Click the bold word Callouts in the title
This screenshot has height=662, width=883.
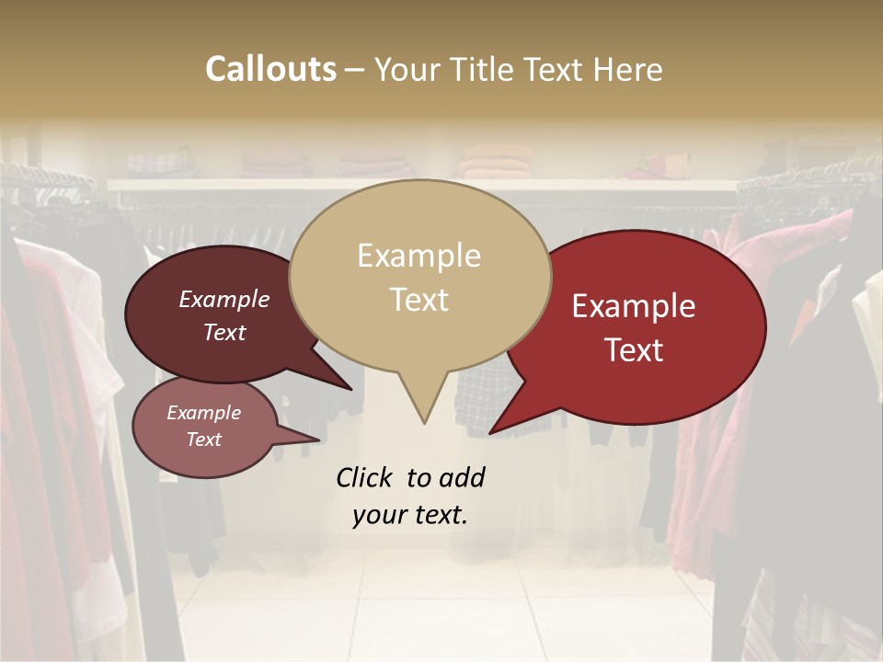(x=270, y=69)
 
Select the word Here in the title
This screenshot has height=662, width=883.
(x=628, y=69)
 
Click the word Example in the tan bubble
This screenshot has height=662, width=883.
(x=419, y=256)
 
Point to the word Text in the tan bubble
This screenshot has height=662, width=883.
(x=419, y=300)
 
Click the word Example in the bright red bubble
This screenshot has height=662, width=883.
(x=634, y=306)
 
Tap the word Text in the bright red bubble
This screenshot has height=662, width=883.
(x=635, y=350)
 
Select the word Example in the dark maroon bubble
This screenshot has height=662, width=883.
(x=224, y=299)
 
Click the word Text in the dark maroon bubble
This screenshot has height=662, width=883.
(x=224, y=332)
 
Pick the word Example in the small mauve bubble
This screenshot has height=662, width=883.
(x=203, y=413)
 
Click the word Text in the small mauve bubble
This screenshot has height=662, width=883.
(x=203, y=439)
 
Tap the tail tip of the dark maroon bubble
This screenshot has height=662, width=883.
(x=350, y=388)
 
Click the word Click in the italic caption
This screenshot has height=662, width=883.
(x=366, y=477)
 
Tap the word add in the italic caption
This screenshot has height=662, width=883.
(x=462, y=477)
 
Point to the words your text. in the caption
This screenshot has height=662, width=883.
(x=410, y=515)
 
